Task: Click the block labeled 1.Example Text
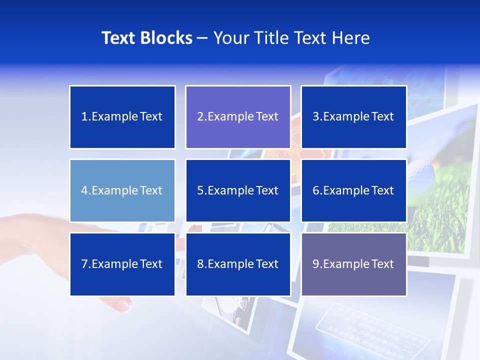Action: [122, 117]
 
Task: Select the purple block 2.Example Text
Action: [238, 117]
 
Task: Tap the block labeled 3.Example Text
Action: [353, 117]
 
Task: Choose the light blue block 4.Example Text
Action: [122, 190]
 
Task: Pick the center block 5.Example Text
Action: [238, 190]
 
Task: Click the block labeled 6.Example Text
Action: [353, 190]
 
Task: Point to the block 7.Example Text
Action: [122, 264]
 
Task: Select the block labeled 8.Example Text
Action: [238, 264]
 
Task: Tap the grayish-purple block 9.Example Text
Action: [353, 264]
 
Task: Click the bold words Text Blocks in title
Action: [147, 38]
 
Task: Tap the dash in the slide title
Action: [202, 38]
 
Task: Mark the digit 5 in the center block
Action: [200, 190]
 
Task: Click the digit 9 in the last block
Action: [316, 264]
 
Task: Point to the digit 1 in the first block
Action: [84, 117]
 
